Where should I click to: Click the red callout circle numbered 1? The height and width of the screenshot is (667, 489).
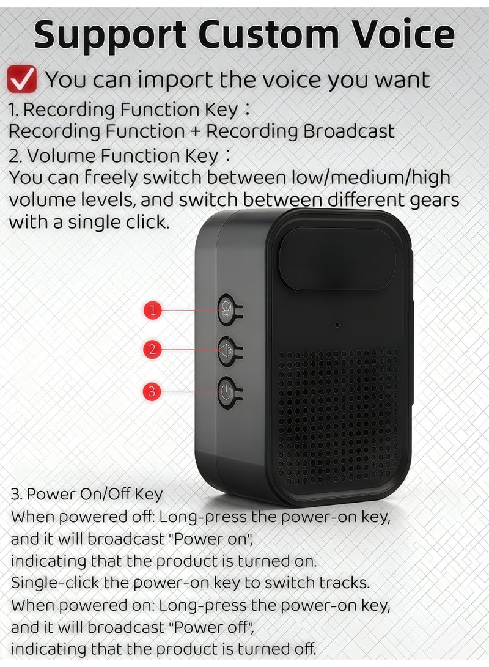pyautogui.click(x=153, y=310)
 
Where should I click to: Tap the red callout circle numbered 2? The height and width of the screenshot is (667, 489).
pyautogui.click(x=153, y=350)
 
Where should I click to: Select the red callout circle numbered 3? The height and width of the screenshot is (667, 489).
pyautogui.click(x=153, y=391)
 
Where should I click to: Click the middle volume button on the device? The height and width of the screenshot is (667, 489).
pyautogui.click(x=227, y=352)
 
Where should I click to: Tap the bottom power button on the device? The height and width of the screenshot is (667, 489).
pyautogui.click(x=227, y=392)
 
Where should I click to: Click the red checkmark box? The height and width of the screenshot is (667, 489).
pyautogui.click(x=22, y=80)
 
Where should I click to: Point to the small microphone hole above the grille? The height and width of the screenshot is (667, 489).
pyautogui.click(x=337, y=324)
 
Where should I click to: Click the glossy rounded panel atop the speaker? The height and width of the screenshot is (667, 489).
pyautogui.click(x=338, y=259)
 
